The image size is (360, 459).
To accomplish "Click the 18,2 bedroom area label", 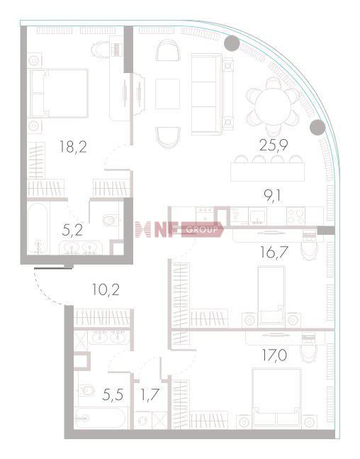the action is click(73, 146).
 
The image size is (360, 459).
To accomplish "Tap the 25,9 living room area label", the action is click(274, 145).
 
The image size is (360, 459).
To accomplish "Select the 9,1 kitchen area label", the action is click(272, 196).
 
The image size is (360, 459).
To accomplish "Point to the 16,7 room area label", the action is click(274, 253).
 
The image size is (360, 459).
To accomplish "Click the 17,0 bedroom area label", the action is click(274, 355).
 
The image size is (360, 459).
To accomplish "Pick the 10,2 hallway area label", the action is click(106, 290).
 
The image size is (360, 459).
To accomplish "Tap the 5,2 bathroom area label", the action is click(72, 231).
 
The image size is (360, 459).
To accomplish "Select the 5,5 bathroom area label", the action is click(113, 394).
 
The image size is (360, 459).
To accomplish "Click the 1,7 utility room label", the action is click(150, 394).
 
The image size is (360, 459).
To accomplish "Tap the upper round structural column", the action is click(232, 43).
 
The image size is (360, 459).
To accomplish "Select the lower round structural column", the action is click(317, 127).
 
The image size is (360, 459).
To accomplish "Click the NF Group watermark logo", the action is click(179, 230).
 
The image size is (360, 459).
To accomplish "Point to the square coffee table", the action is click(167, 94).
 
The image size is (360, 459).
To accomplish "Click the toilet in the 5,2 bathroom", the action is click(110, 220).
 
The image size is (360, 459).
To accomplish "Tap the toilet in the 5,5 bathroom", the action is click(86, 390).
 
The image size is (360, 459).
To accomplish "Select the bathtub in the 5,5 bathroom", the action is click(101, 419).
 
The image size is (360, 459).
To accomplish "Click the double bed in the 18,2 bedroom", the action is click(59, 94).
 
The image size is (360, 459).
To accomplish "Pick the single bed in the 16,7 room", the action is click(271, 295).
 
